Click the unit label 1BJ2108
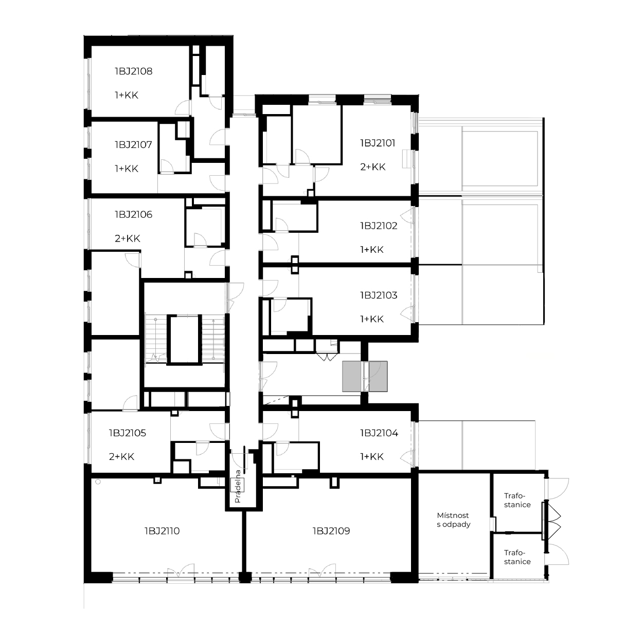(133, 71)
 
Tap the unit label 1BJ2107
(133, 145)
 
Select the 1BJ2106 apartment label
(133, 214)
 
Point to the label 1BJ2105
(128, 433)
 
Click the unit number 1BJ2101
(378, 143)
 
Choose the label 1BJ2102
(379, 226)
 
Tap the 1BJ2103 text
(379, 295)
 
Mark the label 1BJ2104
(379, 433)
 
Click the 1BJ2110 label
(162, 531)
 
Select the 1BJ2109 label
(331, 531)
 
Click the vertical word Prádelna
(238, 487)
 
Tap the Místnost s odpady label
(454, 519)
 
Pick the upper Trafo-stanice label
(517, 500)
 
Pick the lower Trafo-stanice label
(517, 557)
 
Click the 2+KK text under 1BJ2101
(373, 166)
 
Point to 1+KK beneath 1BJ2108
(127, 96)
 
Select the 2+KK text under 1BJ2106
(128, 238)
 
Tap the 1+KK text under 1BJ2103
(372, 319)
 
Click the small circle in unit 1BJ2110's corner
(98, 481)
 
